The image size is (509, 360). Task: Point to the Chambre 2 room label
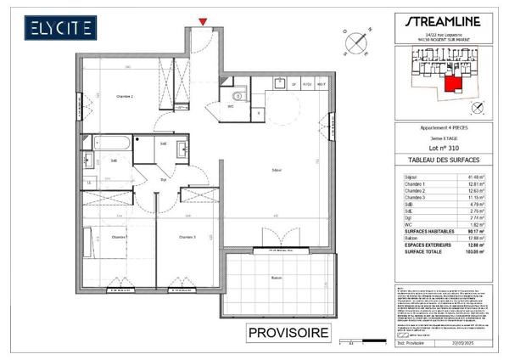coord(126,98)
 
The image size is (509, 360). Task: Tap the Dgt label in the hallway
coord(162,181)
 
